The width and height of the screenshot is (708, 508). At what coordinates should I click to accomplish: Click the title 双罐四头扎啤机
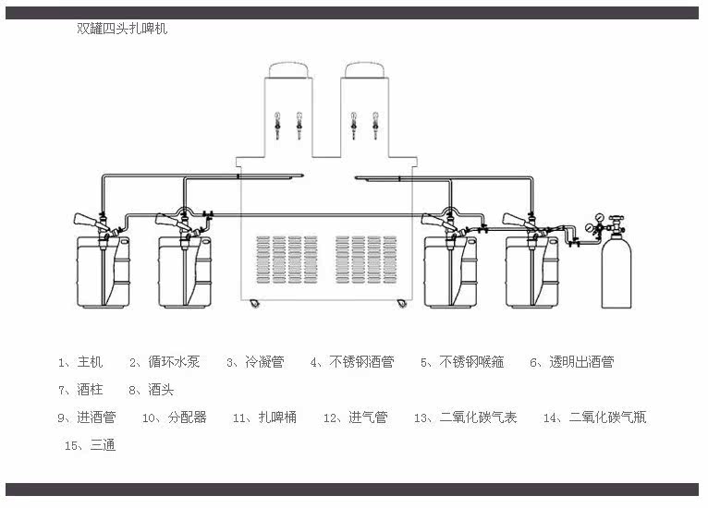click(x=122, y=29)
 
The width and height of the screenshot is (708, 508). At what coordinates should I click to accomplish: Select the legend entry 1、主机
click(x=80, y=362)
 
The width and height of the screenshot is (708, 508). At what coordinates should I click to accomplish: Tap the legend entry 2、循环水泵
click(x=165, y=362)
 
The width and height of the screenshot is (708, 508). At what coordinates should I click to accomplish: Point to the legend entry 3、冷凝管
click(x=256, y=362)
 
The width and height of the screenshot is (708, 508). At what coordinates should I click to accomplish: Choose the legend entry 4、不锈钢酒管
click(x=353, y=362)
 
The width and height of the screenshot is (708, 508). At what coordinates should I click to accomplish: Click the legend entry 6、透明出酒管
click(x=572, y=362)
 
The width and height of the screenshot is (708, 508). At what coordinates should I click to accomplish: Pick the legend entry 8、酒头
click(x=152, y=390)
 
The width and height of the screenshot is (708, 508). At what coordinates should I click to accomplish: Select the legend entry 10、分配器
click(x=175, y=417)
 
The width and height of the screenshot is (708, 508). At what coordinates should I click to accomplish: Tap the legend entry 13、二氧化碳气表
click(x=466, y=417)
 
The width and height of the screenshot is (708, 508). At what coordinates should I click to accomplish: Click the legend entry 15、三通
click(x=91, y=445)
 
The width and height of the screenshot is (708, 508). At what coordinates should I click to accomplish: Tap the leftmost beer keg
click(x=104, y=272)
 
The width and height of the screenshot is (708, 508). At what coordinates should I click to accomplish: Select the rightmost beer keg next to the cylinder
click(x=532, y=272)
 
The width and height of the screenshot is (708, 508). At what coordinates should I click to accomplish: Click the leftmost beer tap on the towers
click(x=277, y=126)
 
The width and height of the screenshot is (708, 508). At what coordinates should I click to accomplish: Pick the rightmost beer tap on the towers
click(x=375, y=126)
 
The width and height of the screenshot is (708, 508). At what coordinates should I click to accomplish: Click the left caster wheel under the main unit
click(x=255, y=304)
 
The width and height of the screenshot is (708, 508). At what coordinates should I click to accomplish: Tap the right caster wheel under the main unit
click(x=401, y=304)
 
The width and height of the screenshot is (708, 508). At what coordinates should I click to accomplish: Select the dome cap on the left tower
click(x=289, y=70)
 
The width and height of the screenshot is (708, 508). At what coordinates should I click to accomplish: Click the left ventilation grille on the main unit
click(x=287, y=260)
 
